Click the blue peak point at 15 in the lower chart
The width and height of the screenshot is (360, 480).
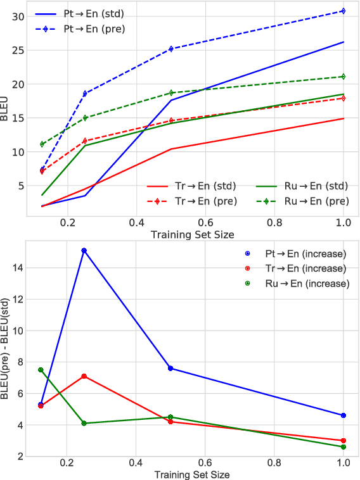84,251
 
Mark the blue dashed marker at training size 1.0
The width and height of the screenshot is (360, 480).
343,11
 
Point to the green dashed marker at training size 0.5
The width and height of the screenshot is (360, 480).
170,92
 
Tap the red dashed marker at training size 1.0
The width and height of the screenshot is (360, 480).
343,98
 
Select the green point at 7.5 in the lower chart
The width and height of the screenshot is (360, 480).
41,370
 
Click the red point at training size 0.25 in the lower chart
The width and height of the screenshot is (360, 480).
84,376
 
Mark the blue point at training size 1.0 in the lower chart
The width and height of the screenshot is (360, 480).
343,415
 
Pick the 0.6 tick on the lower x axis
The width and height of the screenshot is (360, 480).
204,464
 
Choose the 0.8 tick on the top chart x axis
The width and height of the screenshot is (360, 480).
274,224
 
